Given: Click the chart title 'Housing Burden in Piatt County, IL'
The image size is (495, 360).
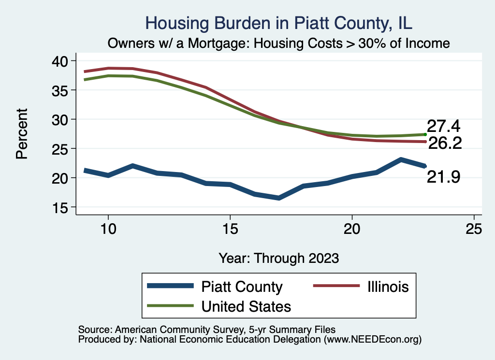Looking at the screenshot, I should [x=279, y=23].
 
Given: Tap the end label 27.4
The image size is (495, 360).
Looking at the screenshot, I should [x=443, y=127].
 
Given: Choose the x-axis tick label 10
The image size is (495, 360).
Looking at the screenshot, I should [x=108, y=229].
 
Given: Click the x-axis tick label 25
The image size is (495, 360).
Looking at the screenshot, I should [x=474, y=229].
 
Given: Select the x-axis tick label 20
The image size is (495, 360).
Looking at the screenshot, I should [x=352, y=229].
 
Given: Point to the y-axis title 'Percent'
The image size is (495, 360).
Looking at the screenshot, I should [x=21, y=134].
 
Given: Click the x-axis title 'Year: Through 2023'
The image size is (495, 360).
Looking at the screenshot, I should [x=278, y=258].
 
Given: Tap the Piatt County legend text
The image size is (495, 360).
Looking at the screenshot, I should [x=242, y=287].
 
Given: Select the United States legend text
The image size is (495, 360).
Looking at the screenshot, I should [x=246, y=306].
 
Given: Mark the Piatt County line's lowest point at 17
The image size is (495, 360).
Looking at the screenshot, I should [x=279, y=198].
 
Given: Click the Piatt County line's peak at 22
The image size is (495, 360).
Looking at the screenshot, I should [x=401, y=159].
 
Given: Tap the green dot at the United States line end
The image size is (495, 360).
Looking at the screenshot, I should [x=425, y=134].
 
